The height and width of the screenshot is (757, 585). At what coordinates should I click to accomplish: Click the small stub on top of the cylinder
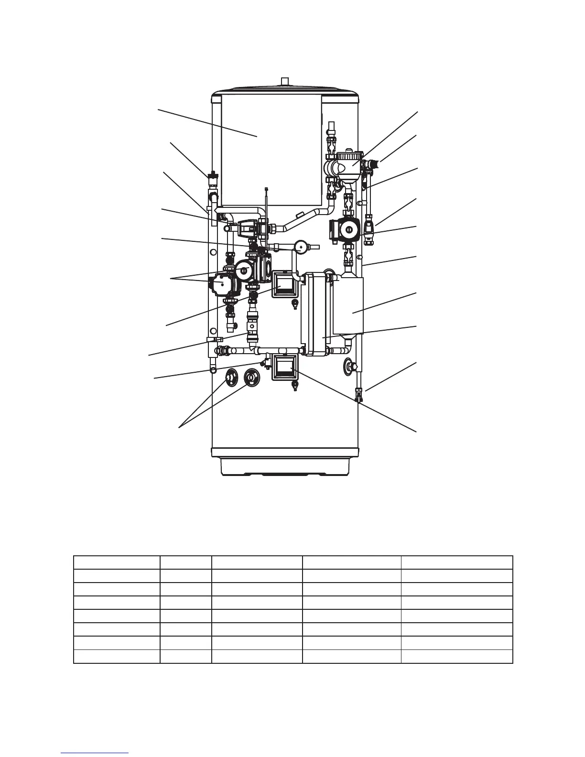tap(285, 81)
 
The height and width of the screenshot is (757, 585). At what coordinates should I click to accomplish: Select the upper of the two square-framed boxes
tap(285, 285)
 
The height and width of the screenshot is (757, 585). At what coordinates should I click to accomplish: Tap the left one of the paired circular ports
tap(231, 378)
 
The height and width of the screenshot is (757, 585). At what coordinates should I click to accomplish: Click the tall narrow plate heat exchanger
tap(314, 314)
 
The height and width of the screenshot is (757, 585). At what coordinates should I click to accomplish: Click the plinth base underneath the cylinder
tap(285, 466)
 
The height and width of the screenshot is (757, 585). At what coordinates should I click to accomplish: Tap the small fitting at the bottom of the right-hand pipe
tap(359, 395)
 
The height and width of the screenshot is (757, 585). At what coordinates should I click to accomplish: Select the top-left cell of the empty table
tap(117, 562)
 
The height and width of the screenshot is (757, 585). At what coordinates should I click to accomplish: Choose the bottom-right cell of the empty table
tap(456, 657)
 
